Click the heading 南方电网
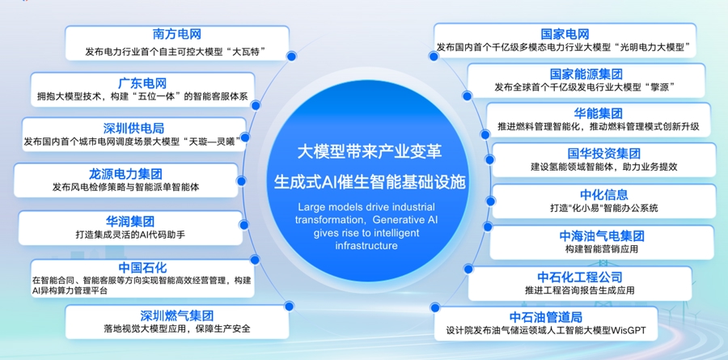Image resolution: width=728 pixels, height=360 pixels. pyautogui.click(x=177, y=34)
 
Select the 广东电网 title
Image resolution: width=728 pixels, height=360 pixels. pyautogui.click(x=142, y=83)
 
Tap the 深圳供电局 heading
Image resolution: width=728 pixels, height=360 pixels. pyautogui.click(x=133, y=128)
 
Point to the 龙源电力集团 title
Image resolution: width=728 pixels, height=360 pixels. pyautogui.click(x=126, y=174)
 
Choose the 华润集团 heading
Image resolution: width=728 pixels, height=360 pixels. pyautogui.click(x=130, y=221)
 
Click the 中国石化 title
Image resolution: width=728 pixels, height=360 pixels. pyautogui.click(x=142, y=268)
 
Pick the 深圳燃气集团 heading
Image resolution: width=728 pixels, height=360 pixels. pyautogui.click(x=177, y=316)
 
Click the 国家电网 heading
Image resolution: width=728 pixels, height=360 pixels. pyautogui.click(x=565, y=34)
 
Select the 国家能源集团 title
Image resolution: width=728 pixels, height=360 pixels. pyautogui.click(x=586, y=74)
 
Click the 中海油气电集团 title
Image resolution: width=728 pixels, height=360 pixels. pyautogui.click(x=602, y=236)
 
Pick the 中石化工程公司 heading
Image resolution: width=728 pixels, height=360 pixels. pyautogui.click(x=580, y=277)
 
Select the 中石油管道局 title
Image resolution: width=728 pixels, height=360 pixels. pyautogui.click(x=546, y=317)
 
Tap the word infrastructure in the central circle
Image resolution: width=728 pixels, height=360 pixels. pyautogui.click(x=366, y=245)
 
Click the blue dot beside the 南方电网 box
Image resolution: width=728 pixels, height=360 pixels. pyautogui.click(x=291, y=56)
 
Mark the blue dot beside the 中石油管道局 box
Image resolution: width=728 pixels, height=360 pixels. pyautogui.click(x=435, y=307)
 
